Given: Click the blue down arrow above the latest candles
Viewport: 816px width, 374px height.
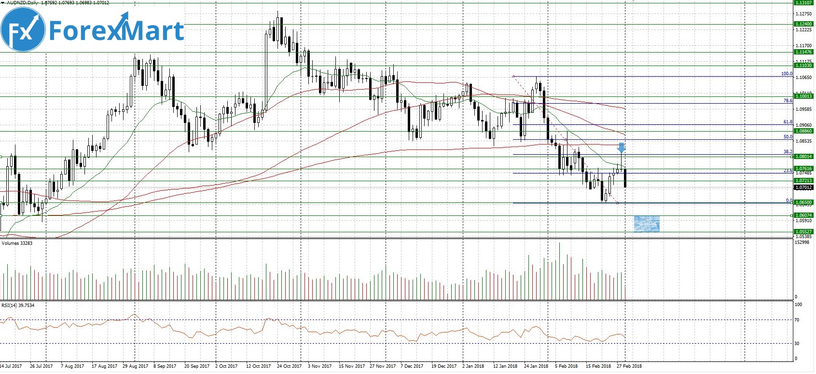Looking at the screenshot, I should coord(622,148).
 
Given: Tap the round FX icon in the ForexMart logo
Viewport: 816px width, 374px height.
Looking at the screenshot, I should coord(23,30).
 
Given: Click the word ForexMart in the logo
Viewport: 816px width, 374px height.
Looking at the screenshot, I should coord(116,30).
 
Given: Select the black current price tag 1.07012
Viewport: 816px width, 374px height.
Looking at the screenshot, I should coord(803,187).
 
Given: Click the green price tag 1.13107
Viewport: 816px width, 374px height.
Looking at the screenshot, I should coord(803,3).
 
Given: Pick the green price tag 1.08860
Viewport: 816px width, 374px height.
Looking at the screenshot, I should coord(803,131).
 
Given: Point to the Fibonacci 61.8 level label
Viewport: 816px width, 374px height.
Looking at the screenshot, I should coord(788,122).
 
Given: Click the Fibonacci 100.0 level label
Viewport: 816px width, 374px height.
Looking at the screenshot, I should coord(787,74).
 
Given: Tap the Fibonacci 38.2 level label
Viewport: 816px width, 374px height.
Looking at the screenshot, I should coord(788,152).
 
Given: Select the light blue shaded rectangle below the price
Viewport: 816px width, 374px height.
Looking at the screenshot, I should coord(646,224).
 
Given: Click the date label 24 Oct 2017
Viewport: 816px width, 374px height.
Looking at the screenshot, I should coord(289,366).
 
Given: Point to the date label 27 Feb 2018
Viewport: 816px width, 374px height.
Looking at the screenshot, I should coord(629,366).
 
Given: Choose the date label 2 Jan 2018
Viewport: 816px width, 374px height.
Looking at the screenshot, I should coord(473,366).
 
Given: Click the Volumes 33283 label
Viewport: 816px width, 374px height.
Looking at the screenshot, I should coord(17,243).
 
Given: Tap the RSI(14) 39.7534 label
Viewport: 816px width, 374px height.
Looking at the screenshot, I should coord(18,306).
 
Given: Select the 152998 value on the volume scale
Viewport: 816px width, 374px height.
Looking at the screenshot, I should coord(802,242).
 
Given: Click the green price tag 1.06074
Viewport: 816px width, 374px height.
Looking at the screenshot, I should coord(803,215).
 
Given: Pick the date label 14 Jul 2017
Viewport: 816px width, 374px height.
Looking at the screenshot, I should coord(11,366).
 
